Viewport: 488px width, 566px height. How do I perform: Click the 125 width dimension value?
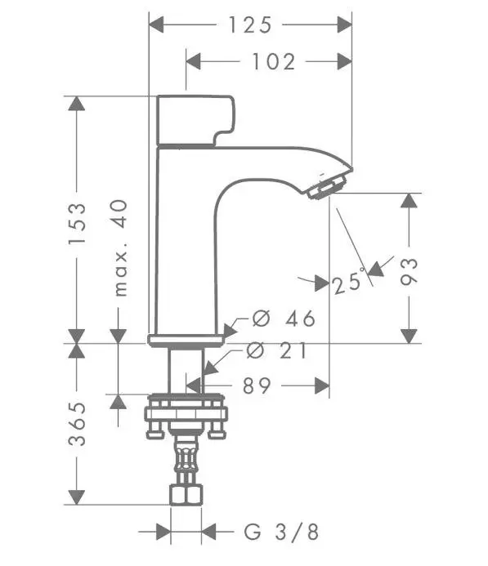pyautogui.click(x=249, y=25)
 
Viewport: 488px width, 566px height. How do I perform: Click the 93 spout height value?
pyautogui.click(x=410, y=270)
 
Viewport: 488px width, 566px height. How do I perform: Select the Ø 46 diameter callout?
pyautogui.click(x=283, y=319)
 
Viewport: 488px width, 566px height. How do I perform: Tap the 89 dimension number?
pyautogui.click(x=257, y=386)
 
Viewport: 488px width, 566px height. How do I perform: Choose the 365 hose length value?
pyautogui.click(x=77, y=423)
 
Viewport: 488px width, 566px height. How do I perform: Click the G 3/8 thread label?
pyautogui.click(x=282, y=533)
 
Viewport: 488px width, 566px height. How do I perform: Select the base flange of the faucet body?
pyautogui.click(x=186, y=340)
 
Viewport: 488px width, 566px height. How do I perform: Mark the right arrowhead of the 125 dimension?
pyautogui.click(x=344, y=25)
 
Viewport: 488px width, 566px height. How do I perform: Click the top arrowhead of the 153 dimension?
pyautogui.click(x=77, y=104)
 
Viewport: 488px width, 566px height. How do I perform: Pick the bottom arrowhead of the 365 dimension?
pyautogui.click(x=77, y=496)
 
